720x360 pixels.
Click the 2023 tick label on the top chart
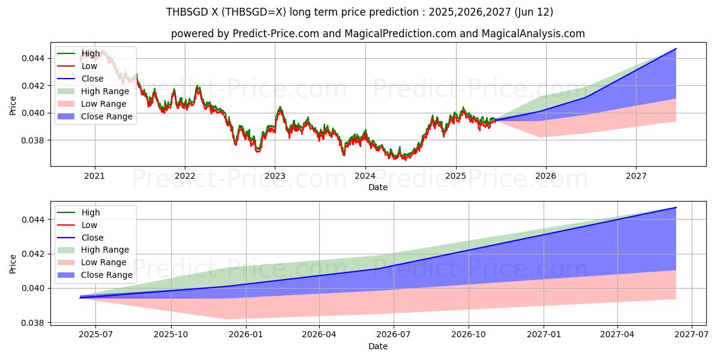point(275,176)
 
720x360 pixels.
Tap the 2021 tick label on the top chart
point(94,176)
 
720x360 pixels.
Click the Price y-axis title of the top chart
point(13,106)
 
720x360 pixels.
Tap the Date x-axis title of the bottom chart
point(378,346)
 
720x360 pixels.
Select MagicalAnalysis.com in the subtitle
point(529,34)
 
